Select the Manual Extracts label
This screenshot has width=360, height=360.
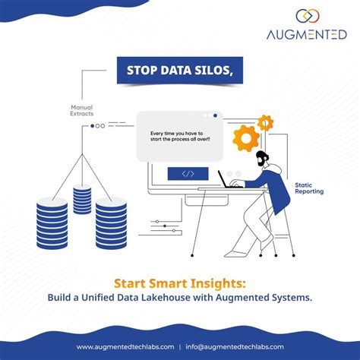(x=82, y=110)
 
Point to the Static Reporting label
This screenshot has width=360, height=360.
(x=309, y=188)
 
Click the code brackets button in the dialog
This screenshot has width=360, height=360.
(x=188, y=174)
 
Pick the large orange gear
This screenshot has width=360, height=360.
(x=245, y=139)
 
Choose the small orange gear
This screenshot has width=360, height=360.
(x=265, y=122)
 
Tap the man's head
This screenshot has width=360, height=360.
(x=263, y=159)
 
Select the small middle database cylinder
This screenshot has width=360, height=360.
(x=82, y=198)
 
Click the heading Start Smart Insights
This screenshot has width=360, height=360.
(x=180, y=283)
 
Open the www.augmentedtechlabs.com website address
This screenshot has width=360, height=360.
(x=125, y=349)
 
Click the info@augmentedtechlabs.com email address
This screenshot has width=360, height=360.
(x=236, y=349)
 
